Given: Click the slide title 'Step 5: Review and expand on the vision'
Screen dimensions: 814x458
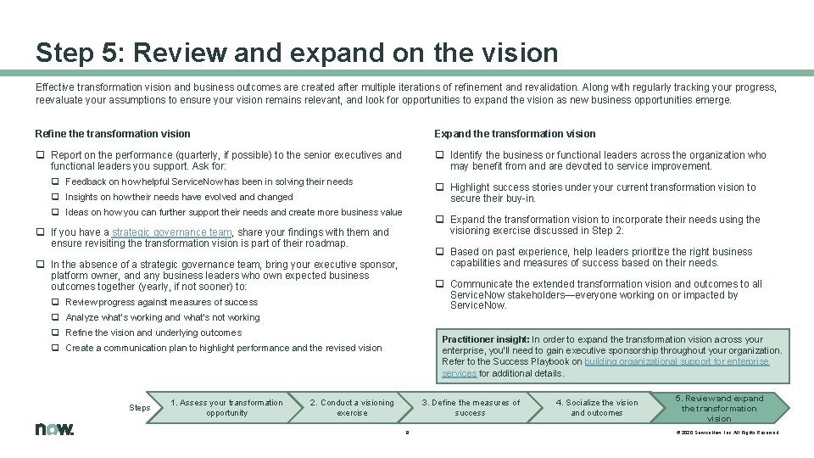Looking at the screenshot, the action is (297, 53).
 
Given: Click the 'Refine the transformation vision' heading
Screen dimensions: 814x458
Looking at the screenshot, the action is (113, 133).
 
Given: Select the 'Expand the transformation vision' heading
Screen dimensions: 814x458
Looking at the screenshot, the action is (515, 133).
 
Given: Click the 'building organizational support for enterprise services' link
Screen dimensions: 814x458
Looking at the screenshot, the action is (605, 367).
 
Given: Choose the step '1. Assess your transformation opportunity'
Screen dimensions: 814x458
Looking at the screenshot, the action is (226, 407).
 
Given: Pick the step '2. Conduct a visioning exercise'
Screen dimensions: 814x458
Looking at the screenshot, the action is (352, 407).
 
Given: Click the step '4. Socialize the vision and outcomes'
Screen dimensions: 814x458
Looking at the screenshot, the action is (596, 407).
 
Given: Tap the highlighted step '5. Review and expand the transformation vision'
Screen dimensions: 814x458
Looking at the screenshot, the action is (718, 408).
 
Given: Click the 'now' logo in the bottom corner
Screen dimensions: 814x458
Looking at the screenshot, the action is (55, 429).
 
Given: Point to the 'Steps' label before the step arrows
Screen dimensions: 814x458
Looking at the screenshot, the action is (140, 408).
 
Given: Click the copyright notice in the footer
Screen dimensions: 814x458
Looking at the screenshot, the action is (727, 433).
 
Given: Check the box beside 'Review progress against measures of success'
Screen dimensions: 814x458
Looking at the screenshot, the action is (55, 302).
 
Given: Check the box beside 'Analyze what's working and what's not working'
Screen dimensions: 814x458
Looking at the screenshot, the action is (55, 317).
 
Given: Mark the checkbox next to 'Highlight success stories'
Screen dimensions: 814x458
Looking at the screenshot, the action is (439, 187).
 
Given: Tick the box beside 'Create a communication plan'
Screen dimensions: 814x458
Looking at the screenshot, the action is (55, 348).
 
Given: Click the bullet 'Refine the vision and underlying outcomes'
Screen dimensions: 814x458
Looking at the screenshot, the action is (153, 332).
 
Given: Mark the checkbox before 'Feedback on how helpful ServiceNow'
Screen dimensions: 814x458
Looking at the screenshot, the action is (55, 182).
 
